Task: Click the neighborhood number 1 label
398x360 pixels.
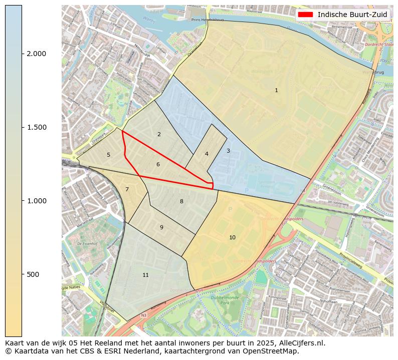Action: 276,90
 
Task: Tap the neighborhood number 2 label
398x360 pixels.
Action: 159,134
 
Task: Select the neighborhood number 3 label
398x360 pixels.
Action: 228,151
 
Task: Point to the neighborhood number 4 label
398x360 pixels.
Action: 207,154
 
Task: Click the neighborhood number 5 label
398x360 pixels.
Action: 108,155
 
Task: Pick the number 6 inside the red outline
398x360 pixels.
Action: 158,164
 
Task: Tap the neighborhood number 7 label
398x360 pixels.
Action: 127,189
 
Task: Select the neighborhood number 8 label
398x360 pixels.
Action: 181,201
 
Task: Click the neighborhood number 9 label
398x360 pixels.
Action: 161,227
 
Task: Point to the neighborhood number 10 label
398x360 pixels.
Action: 232,237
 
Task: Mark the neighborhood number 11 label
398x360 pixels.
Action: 145,275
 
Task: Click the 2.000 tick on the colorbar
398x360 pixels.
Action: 36,54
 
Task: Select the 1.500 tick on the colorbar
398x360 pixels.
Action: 36,127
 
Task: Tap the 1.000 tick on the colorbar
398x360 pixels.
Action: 36,201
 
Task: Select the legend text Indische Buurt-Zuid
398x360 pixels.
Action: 352,15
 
